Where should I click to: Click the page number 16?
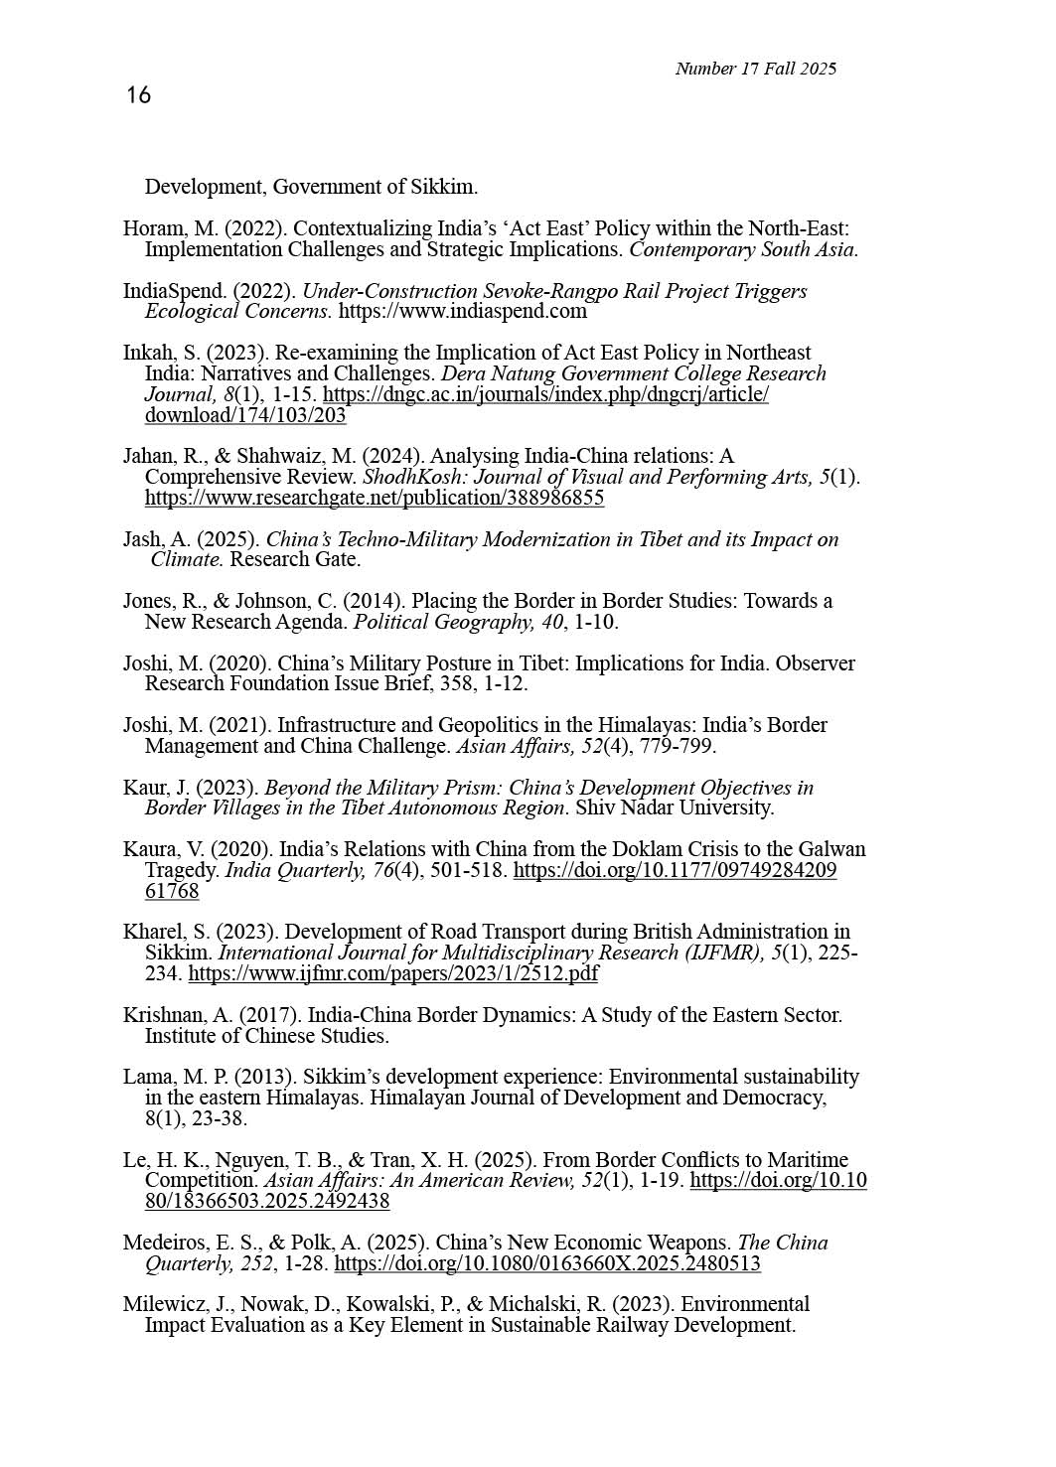click(x=138, y=95)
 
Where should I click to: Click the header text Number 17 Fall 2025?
click(x=755, y=69)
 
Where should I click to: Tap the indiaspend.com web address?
click(x=462, y=312)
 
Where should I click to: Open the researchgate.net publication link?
click(x=374, y=499)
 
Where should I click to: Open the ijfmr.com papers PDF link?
click(x=392, y=974)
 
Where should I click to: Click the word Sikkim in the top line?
click(x=445, y=188)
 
